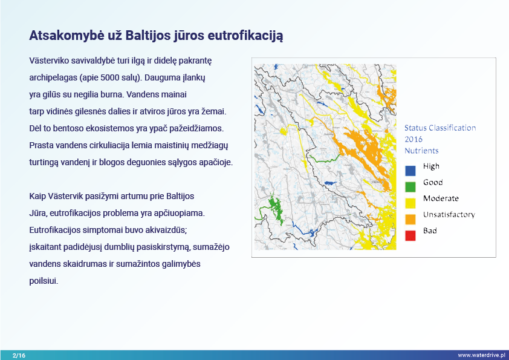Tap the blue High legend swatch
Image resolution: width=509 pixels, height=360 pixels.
410,171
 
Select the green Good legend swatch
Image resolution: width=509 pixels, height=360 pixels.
410,187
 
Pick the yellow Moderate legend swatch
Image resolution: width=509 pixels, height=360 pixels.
410,203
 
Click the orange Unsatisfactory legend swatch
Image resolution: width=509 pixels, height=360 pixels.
410,219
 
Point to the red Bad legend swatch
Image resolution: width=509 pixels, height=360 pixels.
410,235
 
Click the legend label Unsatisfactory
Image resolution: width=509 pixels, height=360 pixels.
449,215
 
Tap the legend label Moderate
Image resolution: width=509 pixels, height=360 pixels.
441,198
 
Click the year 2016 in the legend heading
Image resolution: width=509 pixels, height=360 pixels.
413,139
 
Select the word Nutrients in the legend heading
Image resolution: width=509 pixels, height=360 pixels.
421,151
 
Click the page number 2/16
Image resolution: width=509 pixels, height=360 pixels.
19,355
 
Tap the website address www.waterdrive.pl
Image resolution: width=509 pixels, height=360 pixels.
481,355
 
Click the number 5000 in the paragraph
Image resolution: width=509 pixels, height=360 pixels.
110,77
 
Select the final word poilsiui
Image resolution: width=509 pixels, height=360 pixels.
44,281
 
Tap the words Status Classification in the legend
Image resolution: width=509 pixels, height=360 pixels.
440,128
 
